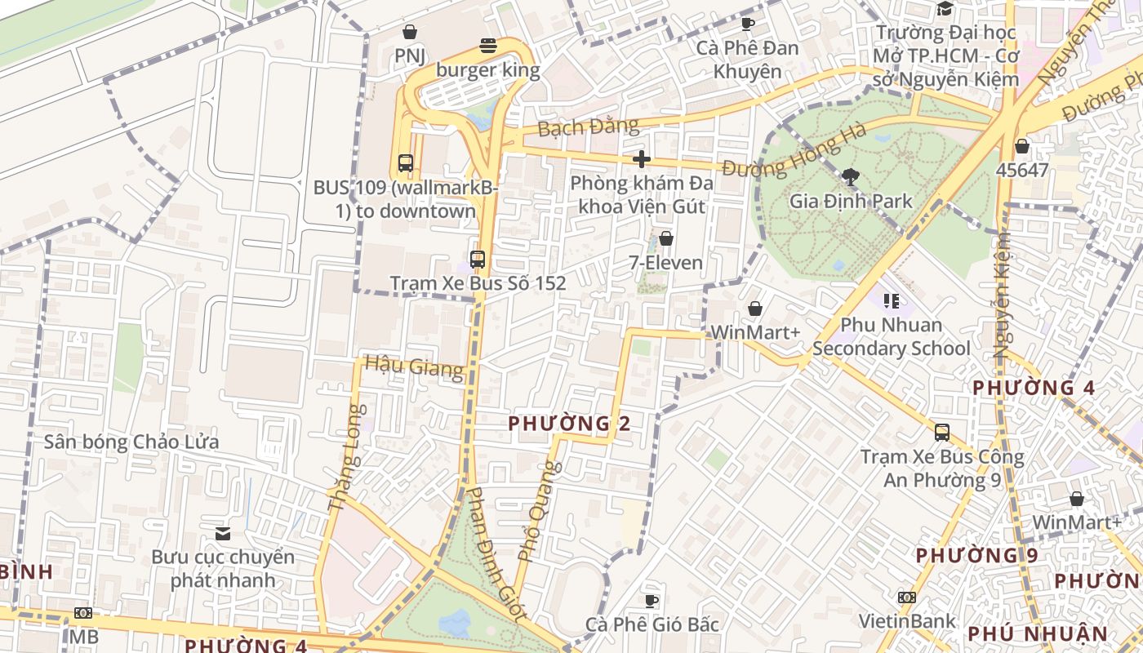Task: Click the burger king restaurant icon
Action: pyautogui.click(x=488, y=46)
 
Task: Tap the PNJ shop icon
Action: pyautogui.click(x=409, y=32)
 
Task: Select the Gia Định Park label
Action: pyautogui.click(x=851, y=201)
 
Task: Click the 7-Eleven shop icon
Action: pyautogui.click(x=666, y=238)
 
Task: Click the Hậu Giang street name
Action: pyautogui.click(x=413, y=366)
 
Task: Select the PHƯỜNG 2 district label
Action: pyautogui.click(x=570, y=424)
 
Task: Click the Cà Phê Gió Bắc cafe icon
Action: pyautogui.click(x=651, y=601)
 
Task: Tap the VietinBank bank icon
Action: pyautogui.click(x=906, y=597)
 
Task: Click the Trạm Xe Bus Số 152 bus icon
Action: pyautogui.click(x=478, y=260)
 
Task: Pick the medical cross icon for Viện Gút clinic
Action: pyautogui.click(x=642, y=158)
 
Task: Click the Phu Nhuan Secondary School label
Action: pyautogui.click(x=891, y=337)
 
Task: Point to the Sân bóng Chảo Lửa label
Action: pyautogui.click(x=131, y=442)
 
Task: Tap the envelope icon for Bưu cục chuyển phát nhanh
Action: pyautogui.click(x=222, y=534)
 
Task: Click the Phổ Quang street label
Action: pyautogui.click(x=539, y=513)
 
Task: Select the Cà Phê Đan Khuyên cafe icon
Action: pyautogui.click(x=747, y=24)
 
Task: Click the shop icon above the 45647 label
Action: pyautogui.click(x=1021, y=147)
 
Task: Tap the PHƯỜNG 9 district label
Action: pyautogui.click(x=976, y=556)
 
